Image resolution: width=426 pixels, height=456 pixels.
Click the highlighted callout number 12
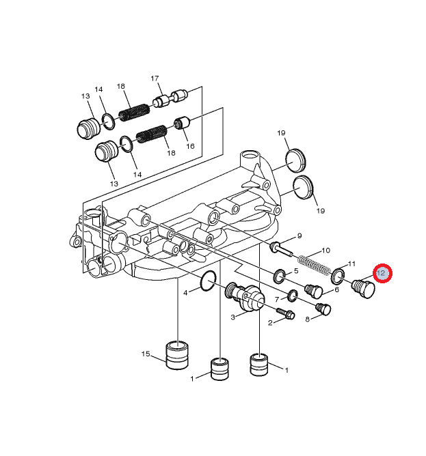381,273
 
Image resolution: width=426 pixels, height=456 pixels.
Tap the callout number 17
155,79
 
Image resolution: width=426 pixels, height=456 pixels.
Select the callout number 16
190,145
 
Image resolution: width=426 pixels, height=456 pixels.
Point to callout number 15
146,354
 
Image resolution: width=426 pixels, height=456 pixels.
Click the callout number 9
299,236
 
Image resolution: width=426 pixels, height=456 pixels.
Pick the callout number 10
325,250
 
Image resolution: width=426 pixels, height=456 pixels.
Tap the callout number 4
185,293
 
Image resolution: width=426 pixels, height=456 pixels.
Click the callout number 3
232,317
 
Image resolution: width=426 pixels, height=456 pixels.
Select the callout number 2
270,322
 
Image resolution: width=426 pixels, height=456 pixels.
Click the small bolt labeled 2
286,313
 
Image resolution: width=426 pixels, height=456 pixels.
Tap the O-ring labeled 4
209,281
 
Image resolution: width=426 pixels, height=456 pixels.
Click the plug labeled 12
363,289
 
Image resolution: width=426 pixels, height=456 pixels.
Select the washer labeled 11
338,276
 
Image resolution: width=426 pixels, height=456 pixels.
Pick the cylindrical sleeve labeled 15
177,355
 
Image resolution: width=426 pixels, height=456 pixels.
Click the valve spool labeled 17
170,99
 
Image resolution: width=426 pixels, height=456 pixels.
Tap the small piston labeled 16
182,124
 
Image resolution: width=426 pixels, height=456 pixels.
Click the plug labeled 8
323,309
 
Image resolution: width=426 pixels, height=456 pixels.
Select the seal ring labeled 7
293,295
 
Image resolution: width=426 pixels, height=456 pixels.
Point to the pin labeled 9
282,249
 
